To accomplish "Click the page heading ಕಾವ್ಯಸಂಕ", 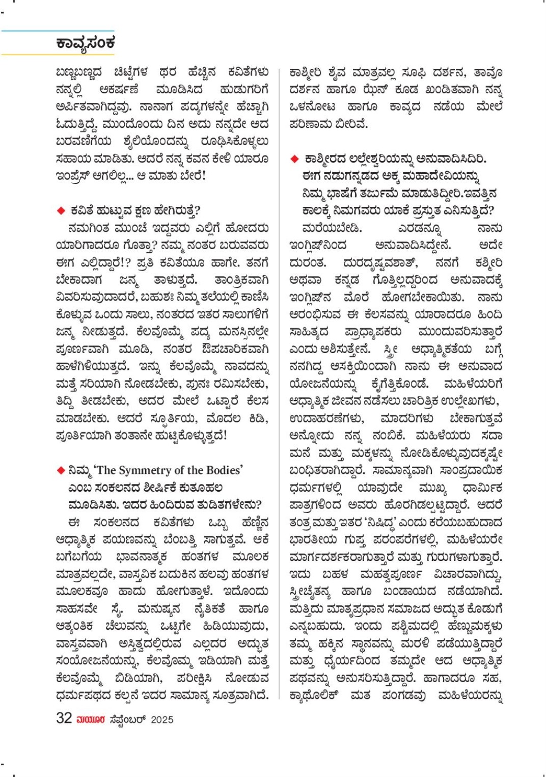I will pyautogui.click(x=86, y=43).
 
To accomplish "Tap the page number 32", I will pyautogui.click(x=64, y=718).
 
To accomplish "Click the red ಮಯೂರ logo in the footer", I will pyautogui.click(x=91, y=719).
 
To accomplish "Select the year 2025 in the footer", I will pyautogui.click(x=162, y=719).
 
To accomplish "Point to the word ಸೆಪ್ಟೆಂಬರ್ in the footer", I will pyautogui.click(x=127, y=719).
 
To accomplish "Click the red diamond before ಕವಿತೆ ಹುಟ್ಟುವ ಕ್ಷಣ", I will pyautogui.click(x=61, y=210).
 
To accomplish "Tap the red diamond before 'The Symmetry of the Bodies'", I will pyautogui.click(x=61, y=470).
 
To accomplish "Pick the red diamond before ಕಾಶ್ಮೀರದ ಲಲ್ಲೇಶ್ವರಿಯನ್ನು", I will pyautogui.click(x=294, y=159).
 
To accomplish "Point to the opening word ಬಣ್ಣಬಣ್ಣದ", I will pyautogui.click(x=79, y=72).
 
